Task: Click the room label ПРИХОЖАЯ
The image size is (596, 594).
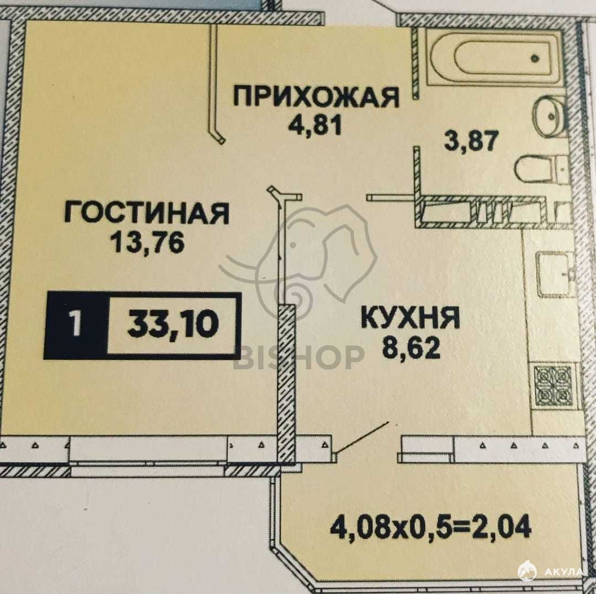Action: pos(316,97)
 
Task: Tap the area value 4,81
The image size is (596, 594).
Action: pos(316,125)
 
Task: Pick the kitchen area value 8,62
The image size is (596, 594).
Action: pos(412,348)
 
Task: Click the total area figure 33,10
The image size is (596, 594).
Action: pos(173,324)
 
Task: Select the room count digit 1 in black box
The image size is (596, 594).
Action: pos(76,324)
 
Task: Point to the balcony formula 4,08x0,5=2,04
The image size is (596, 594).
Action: pos(430,527)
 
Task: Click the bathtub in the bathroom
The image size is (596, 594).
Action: pos(493,57)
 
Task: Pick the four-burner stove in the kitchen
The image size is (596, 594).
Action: pos(552,386)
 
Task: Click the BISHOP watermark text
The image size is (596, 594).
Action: pos(299,358)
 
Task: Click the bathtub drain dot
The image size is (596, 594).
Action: pos(535,59)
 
